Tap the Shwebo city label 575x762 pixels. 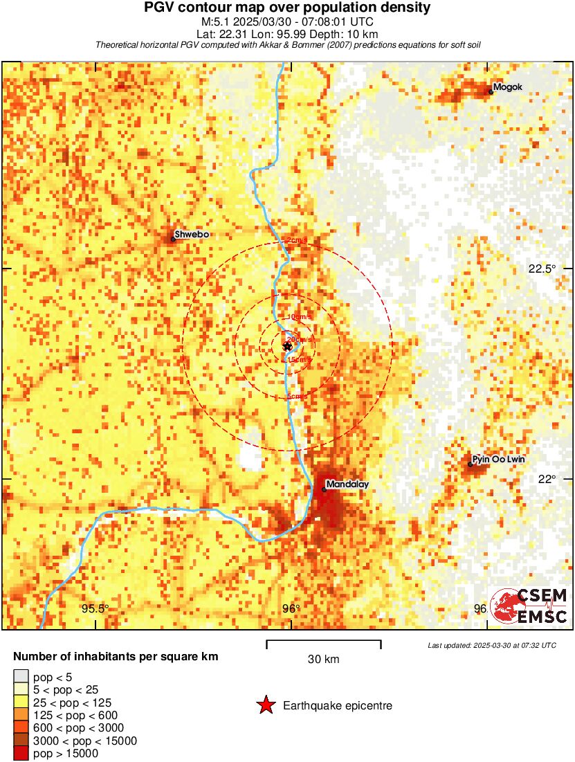pyautogui.click(x=192, y=235)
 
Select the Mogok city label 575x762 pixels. pyautogui.click(x=508, y=87)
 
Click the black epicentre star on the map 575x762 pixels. pyautogui.click(x=287, y=346)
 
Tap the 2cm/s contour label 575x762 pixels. pyautogui.click(x=298, y=240)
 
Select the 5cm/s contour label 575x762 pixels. pyautogui.click(x=298, y=397)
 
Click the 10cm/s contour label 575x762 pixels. pyautogui.click(x=299, y=316)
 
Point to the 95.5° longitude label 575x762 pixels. pyautogui.click(x=95, y=609)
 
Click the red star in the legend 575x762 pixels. pyautogui.click(x=265, y=706)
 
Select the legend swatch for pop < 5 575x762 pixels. pyautogui.click(x=21, y=676)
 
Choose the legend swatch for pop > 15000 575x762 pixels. pyautogui.click(x=21, y=753)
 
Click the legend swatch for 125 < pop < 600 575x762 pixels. pyautogui.click(x=21, y=715)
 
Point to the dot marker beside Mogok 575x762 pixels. pyautogui.click(x=491, y=91)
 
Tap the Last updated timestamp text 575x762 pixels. pyautogui.click(x=491, y=645)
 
